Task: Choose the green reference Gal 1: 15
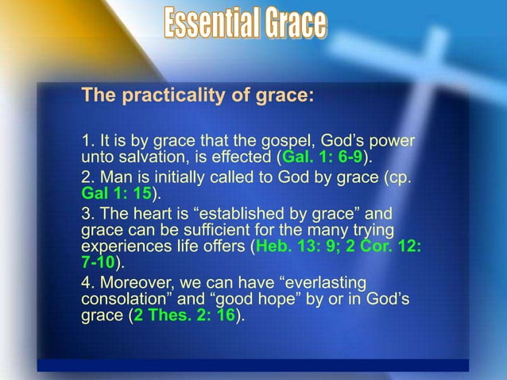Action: click(x=116, y=192)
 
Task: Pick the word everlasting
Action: click(x=321, y=282)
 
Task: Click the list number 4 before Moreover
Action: click(x=87, y=282)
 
